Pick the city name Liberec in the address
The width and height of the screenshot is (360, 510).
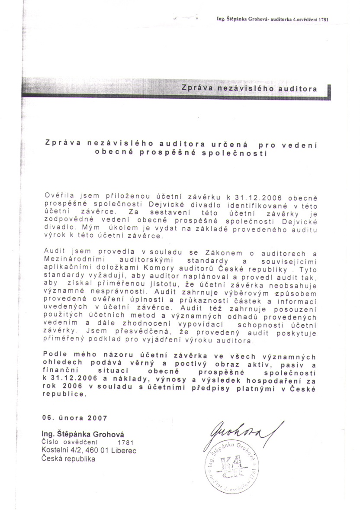[x=124, y=451]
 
